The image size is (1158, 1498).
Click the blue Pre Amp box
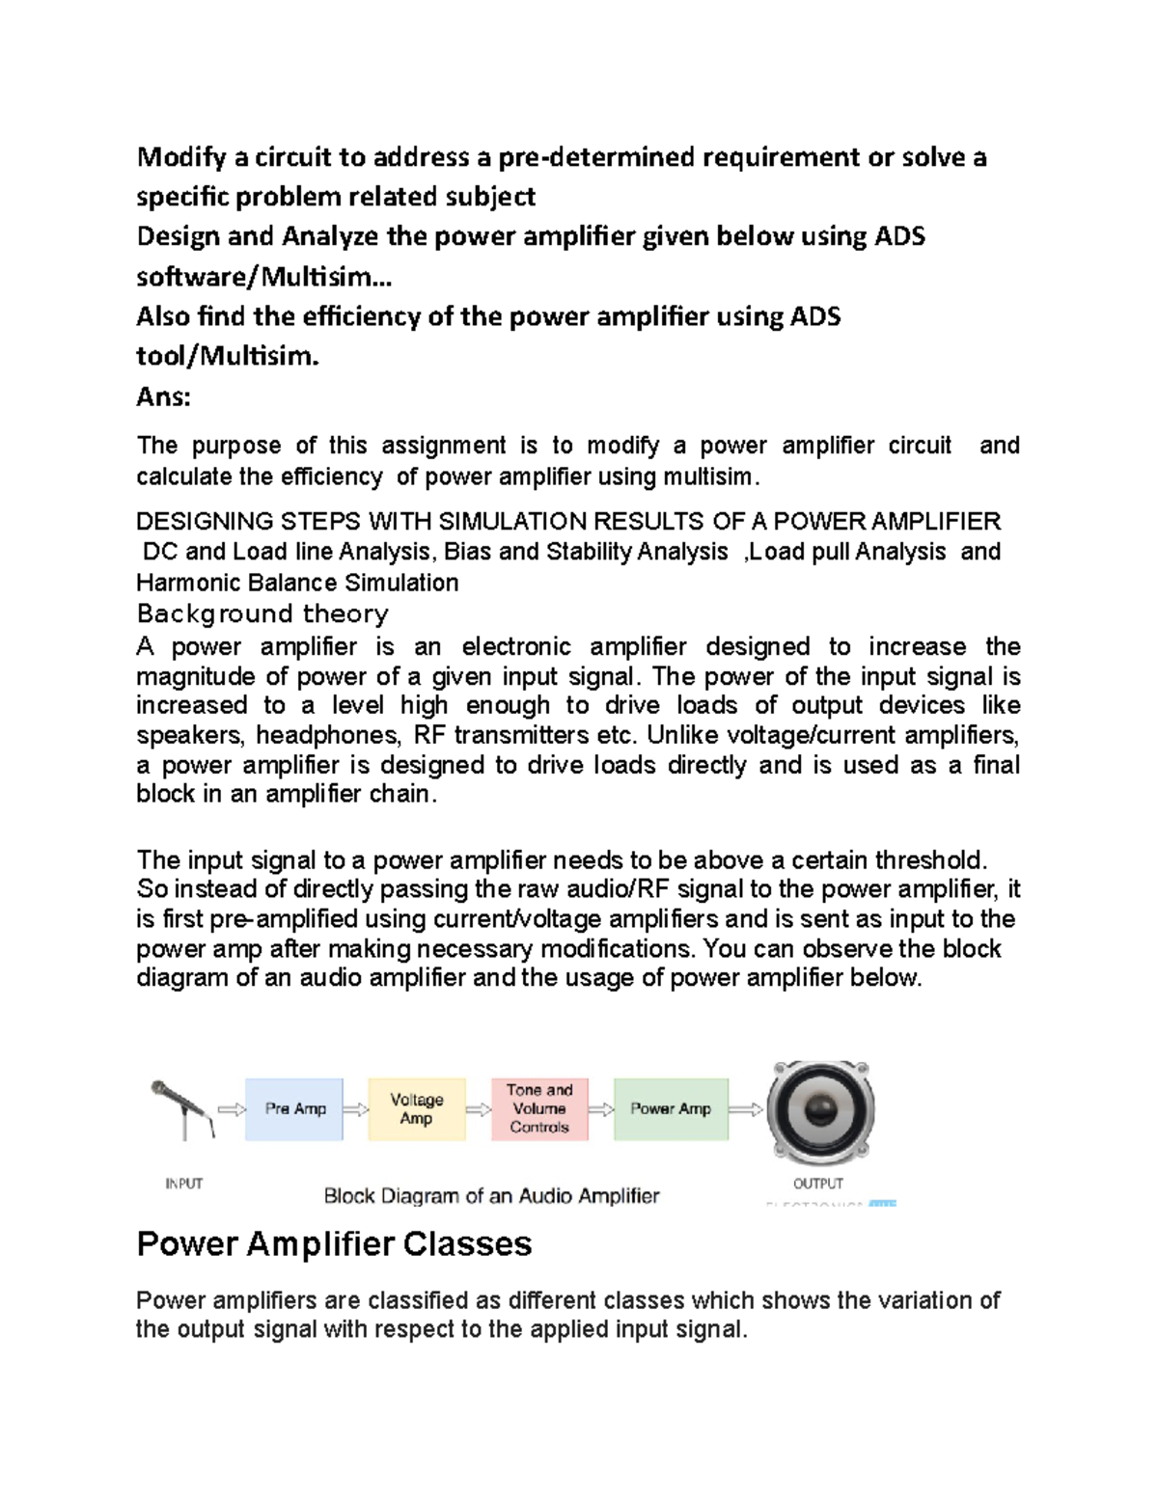tap(294, 1109)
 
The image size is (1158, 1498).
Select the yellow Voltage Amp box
tap(416, 1109)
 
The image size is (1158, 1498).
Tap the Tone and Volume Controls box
tap(539, 1108)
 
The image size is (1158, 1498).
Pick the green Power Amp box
tap(671, 1109)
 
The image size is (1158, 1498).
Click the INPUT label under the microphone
tap(183, 1184)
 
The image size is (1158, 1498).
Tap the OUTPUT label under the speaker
tap(817, 1184)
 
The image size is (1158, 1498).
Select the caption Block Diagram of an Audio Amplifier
tap(491, 1196)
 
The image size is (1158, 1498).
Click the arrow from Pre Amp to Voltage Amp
tap(355, 1109)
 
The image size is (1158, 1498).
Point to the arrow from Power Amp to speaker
tap(745, 1109)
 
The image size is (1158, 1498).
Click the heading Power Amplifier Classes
tap(334, 1243)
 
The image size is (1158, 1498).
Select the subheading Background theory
tap(262, 613)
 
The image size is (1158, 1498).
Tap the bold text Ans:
tap(163, 396)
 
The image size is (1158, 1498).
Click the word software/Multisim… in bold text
tap(264, 277)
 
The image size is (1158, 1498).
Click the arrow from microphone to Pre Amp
tap(232, 1109)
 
